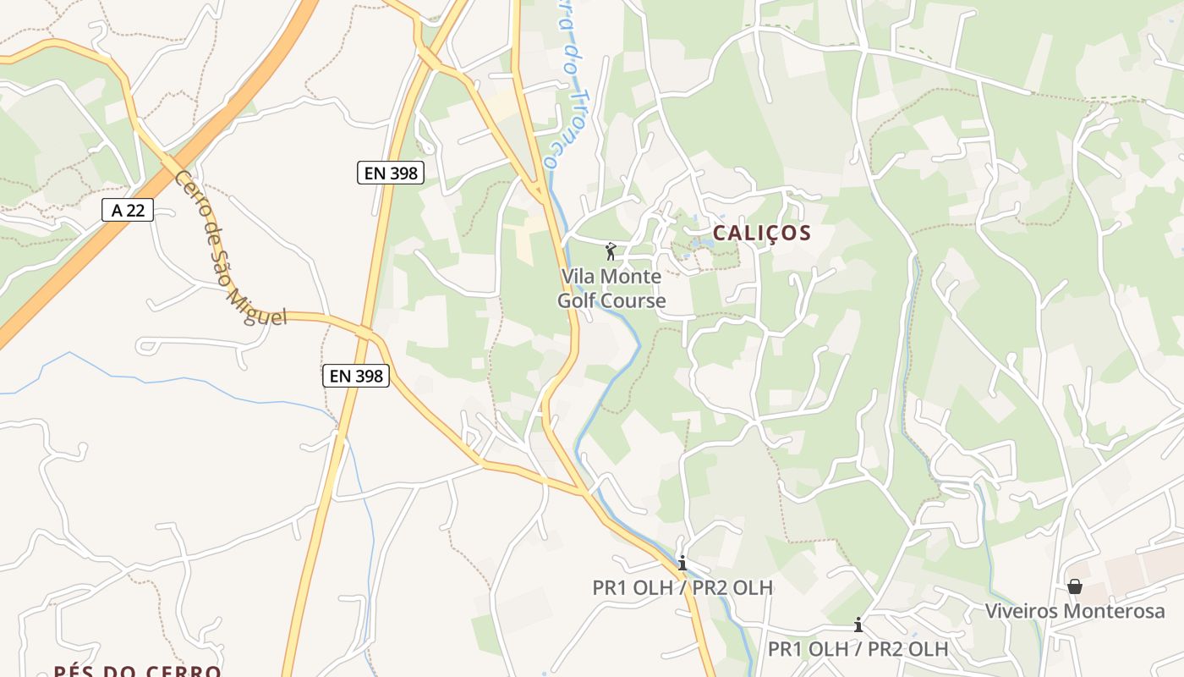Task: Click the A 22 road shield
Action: (x=128, y=210)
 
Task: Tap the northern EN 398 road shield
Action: (x=390, y=173)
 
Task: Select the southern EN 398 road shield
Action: (x=356, y=376)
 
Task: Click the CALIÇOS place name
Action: (x=761, y=233)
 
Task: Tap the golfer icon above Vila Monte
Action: (x=611, y=251)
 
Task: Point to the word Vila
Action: (x=578, y=277)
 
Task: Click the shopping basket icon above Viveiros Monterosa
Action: (x=1075, y=586)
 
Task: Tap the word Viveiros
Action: (x=1022, y=611)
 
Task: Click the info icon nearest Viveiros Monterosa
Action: (x=858, y=625)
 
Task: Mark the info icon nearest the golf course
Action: (x=682, y=563)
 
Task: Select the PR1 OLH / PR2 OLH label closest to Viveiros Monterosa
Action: (x=858, y=649)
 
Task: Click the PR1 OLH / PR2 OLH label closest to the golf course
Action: (x=682, y=587)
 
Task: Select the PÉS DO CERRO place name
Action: (x=137, y=671)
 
